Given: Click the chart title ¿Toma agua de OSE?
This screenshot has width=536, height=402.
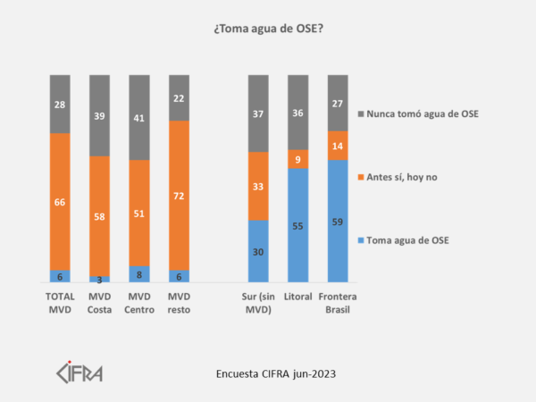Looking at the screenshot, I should click(269, 29).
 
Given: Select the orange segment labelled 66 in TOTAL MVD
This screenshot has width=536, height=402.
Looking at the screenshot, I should click(60, 202).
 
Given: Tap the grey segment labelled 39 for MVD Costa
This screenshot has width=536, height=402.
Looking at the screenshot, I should click(99, 115).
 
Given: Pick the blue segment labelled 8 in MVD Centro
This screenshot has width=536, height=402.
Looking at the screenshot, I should click(138, 273).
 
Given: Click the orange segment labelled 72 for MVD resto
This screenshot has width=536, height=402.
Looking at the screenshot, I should click(179, 195).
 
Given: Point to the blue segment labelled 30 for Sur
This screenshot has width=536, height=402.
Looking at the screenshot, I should click(258, 251).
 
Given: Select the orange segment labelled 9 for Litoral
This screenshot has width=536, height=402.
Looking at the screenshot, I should click(297, 159).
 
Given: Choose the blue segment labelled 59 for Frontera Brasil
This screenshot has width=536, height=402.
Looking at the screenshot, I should click(338, 221).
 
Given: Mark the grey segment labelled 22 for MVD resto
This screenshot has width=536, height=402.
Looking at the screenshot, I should click(179, 97).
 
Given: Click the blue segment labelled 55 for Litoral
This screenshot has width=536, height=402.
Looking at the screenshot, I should click(297, 225).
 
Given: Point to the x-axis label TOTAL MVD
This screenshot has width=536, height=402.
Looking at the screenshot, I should click(60, 301).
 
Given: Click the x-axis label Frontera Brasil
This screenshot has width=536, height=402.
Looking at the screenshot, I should click(338, 301).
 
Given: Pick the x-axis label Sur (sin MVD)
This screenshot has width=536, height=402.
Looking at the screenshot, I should click(258, 301).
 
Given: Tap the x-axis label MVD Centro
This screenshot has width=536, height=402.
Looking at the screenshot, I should click(138, 301).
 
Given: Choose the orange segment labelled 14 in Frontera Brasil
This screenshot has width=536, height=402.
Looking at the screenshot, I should click(338, 146).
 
